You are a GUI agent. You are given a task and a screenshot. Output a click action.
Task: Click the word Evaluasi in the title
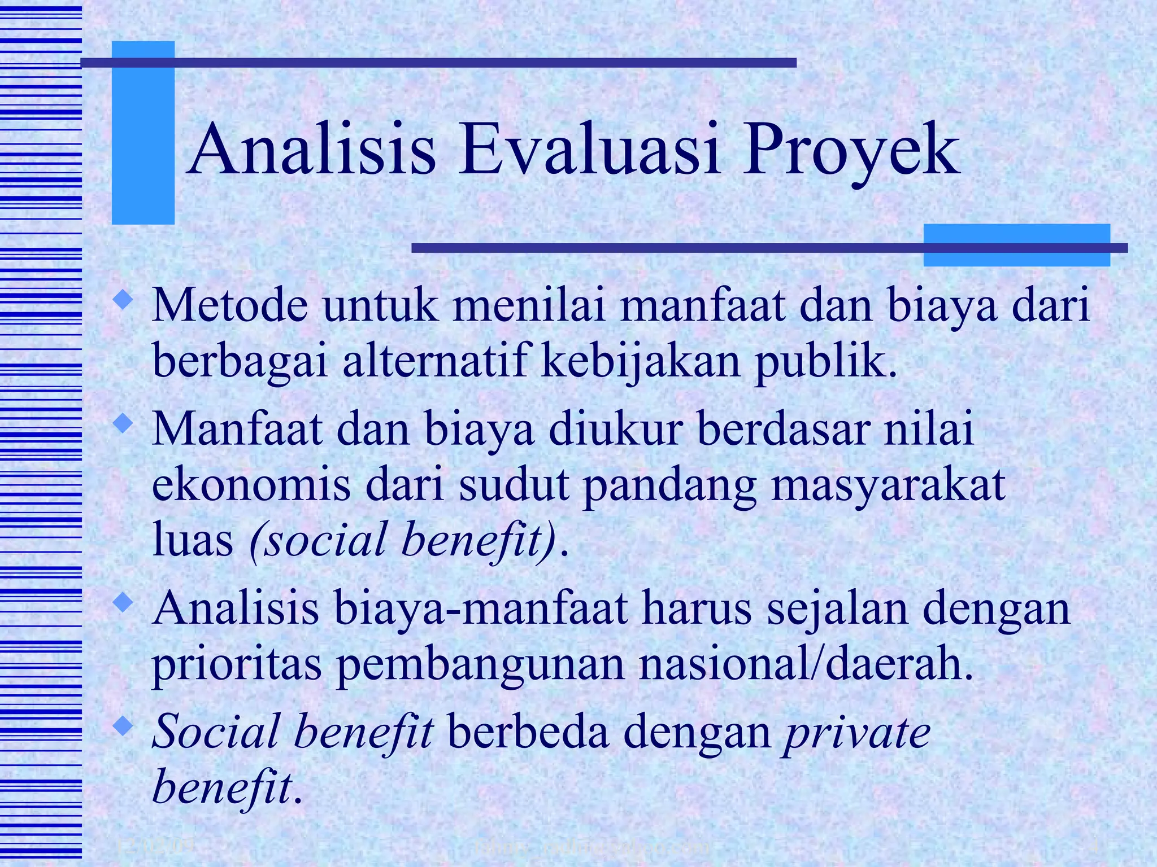(x=589, y=151)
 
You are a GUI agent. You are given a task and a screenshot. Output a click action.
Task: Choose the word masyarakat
(x=888, y=487)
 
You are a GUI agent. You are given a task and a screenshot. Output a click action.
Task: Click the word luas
(x=192, y=540)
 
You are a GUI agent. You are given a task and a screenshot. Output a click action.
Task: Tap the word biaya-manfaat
(x=480, y=609)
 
